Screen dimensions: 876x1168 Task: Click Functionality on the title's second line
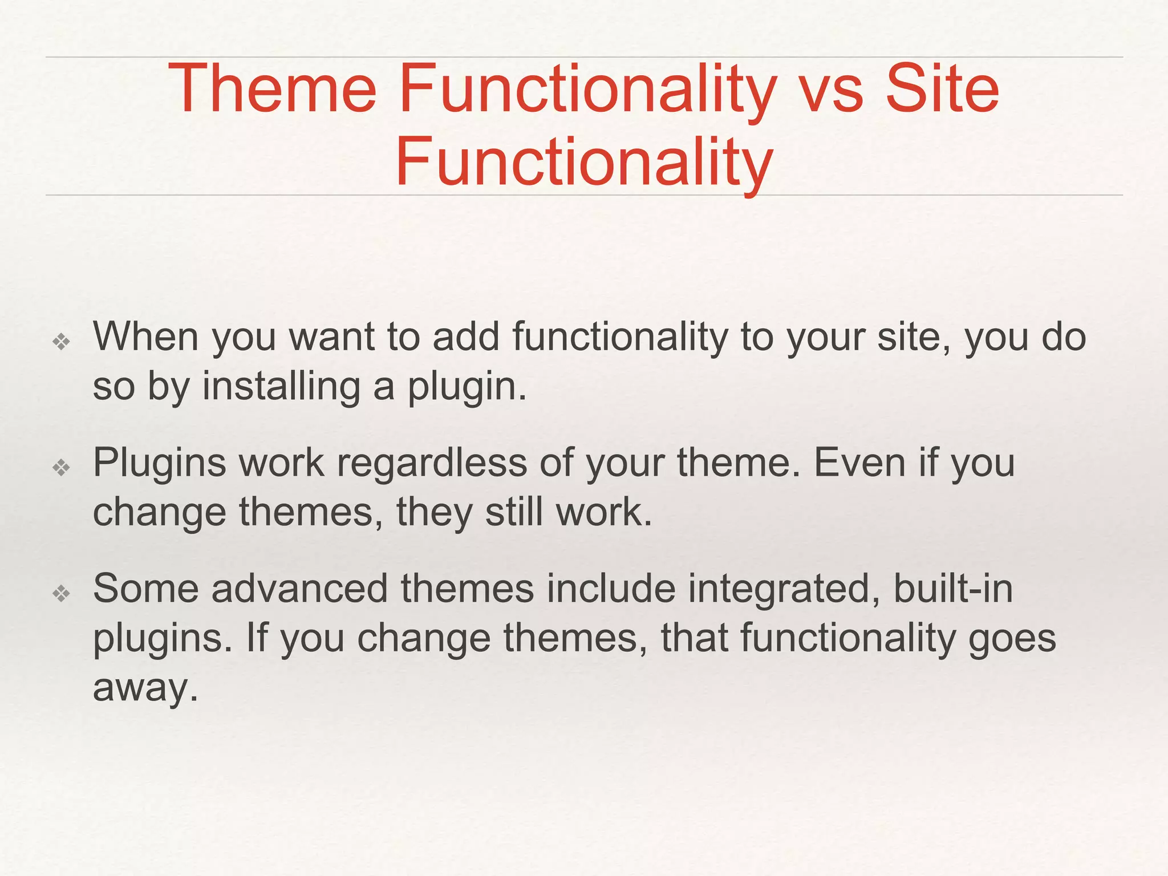click(x=584, y=163)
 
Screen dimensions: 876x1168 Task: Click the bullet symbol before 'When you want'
click(x=61, y=342)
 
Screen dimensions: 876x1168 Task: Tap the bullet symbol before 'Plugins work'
click(x=61, y=468)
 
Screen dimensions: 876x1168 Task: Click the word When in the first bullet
click(x=145, y=337)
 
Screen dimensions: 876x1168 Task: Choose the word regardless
click(x=432, y=463)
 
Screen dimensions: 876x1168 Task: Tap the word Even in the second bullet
click(x=859, y=463)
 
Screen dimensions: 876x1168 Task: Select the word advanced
click(x=299, y=589)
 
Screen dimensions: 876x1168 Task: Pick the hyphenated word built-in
click(x=952, y=589)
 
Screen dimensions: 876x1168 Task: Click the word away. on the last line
click(x=145, y=688)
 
